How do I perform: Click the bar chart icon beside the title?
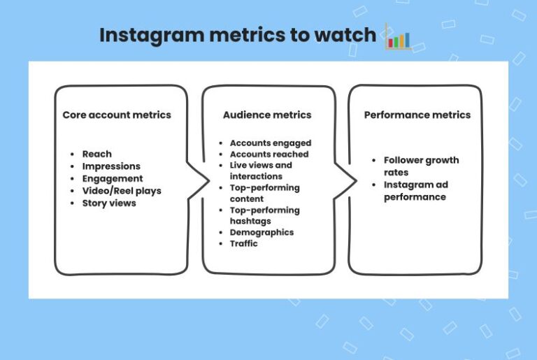[x=398, y=36]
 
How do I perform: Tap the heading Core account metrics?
[x=117, y=115]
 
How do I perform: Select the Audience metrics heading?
[x=267, y=115]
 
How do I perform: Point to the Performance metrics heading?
[x=417, y=115]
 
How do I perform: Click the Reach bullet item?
[x=96, y=154]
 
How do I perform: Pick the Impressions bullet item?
[x=111, y=166]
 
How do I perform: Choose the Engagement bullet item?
[x=112, y=179]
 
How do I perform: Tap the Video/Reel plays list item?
[x=121, y=191]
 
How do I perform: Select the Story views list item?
[x=109, y=203]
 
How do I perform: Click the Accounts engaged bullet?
[x=270, y=143]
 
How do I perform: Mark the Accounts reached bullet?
[x=268, y=154]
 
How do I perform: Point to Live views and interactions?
[x=260, y=171]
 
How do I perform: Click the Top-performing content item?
[x=264, y=194]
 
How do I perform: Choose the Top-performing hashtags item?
[x=264, y=216]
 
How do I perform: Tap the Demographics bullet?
[x=262, y=232]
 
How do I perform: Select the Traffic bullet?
[x=243, y=243]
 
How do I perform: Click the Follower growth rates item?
[x=421, y=166]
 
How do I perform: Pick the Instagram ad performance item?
[x=415, y=192]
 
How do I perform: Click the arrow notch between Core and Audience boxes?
[x=205, y=180]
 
